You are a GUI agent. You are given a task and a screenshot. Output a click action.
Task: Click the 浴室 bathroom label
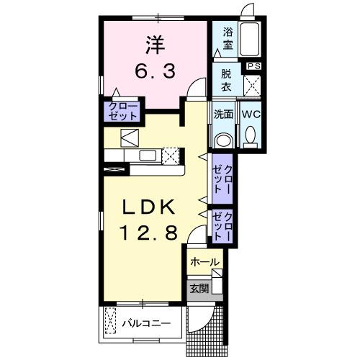(x=228, y=37)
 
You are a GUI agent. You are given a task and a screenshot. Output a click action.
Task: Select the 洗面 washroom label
(x=224, y=114)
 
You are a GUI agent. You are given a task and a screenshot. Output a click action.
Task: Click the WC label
(x=251, y=114)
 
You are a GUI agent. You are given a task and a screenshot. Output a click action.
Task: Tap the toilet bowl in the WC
(x=250, y=135)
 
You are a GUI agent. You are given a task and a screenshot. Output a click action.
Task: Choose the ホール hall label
(x=204, y=263)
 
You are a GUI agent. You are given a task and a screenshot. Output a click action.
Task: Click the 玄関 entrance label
(x=199, y=289)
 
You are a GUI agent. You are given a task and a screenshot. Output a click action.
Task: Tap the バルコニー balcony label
(x=146, y=323)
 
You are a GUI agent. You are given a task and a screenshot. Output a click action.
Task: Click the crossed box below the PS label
(x=253, y=84)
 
